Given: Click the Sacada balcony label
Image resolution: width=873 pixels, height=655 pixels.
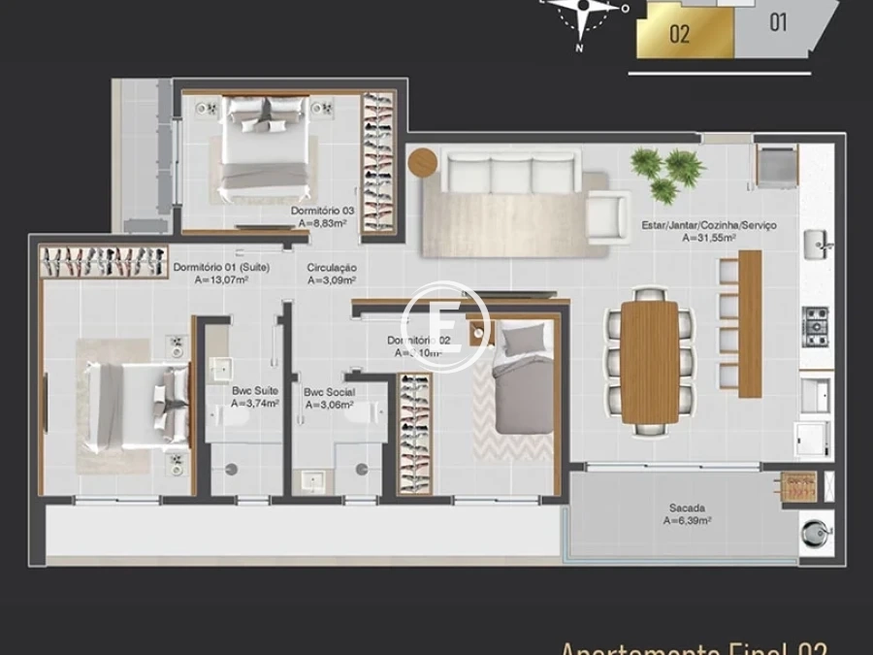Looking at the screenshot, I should [x=687, y=508].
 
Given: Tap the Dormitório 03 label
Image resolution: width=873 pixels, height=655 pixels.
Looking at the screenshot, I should [x=322, y=211].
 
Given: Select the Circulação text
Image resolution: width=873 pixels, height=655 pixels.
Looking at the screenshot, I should [x=332, y=268].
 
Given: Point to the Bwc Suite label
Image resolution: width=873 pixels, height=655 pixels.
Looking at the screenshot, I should [x=255, y=391].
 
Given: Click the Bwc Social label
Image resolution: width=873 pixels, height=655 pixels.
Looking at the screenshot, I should [x=329, y=393].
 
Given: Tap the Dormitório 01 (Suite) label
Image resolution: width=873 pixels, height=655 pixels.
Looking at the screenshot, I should [x=221, y=268].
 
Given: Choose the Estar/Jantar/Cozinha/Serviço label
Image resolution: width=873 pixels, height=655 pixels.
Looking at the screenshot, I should [x=708, y=225].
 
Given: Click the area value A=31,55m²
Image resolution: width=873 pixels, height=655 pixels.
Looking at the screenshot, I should [x=708, y=238].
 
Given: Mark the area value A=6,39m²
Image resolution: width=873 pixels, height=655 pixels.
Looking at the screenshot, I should [x=687, y=521].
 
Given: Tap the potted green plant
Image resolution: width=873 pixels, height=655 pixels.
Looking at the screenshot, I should [x=666, y=173].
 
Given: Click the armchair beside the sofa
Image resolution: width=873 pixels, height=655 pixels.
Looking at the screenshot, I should [x=609, y=213].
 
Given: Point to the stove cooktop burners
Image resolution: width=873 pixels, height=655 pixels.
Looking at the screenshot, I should [x=815, y=326].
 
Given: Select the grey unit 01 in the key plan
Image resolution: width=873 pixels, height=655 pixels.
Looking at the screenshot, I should [x=778, y=21].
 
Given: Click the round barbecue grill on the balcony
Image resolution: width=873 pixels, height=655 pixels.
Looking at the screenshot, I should [x=813, y=533].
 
